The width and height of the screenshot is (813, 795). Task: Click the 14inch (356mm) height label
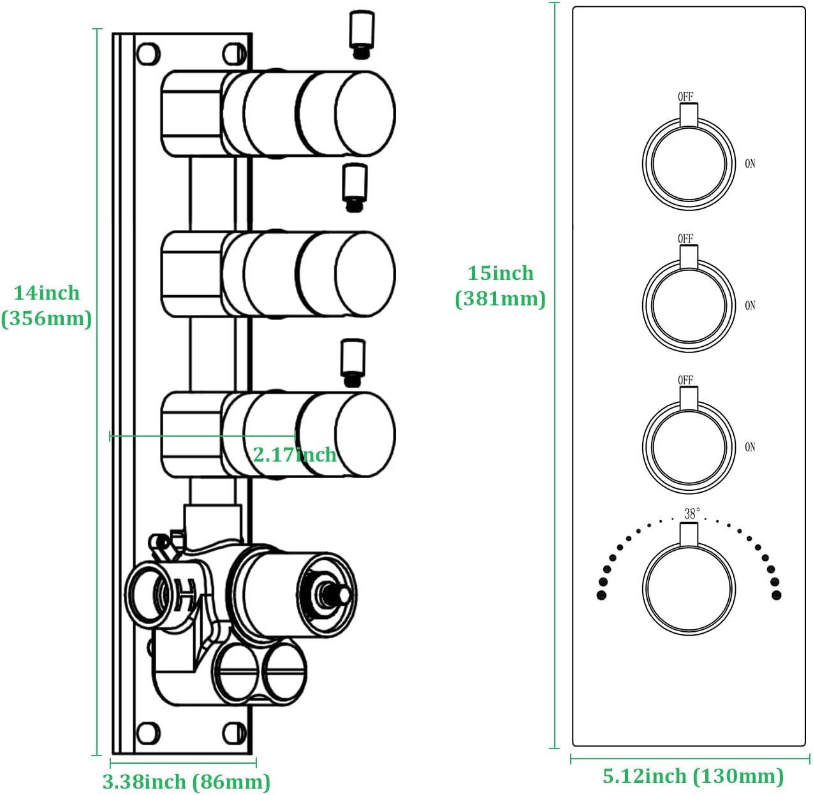point(47,305)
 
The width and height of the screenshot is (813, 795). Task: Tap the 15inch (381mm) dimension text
point(501,286)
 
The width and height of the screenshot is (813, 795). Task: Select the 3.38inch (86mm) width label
point(186,781)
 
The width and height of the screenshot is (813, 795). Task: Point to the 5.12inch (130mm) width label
point(693,776)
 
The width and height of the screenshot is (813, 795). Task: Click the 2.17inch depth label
point(295,455)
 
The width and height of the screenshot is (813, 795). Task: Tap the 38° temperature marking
point(692,513)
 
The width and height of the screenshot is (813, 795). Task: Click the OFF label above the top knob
point(685,97)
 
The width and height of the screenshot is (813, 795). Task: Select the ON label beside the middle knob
point(750,305)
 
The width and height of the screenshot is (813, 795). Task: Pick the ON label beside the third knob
point(750,447)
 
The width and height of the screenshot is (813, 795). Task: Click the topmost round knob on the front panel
point(689,164)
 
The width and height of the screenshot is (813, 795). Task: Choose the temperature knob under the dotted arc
point(689,589)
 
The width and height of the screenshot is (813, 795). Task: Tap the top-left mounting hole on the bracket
point(148,54)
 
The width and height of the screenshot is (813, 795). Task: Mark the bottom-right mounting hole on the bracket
point(235,733)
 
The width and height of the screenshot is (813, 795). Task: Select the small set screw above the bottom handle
point(353,362)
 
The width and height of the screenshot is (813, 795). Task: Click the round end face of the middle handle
point(365,274)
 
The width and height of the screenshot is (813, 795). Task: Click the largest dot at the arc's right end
point(776,595)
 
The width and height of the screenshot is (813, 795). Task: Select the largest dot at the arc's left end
point(601,595)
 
